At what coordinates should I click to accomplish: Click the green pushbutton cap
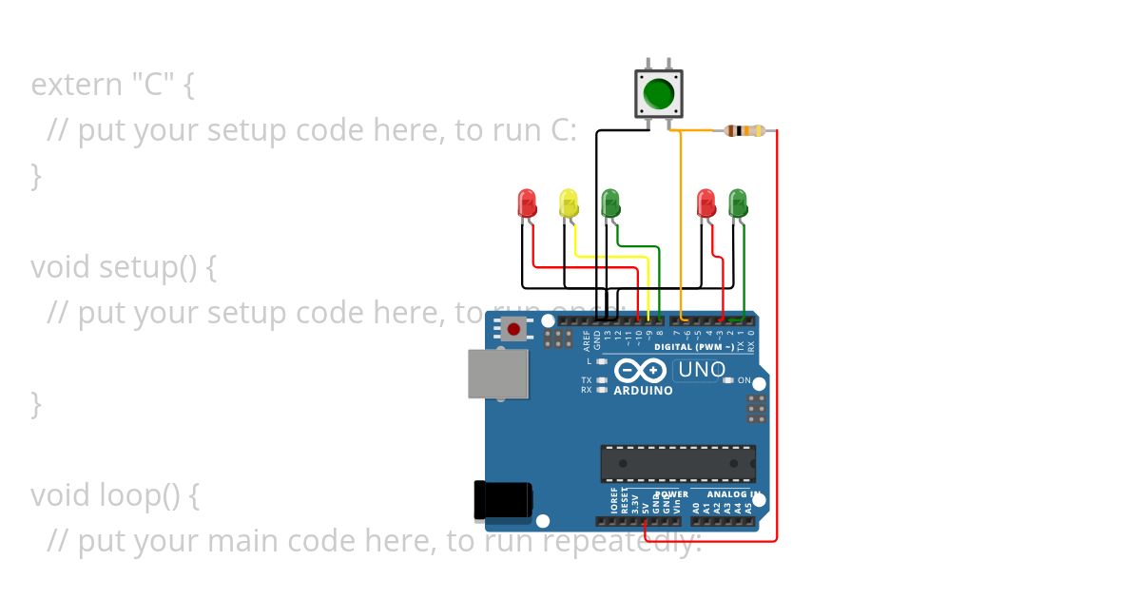[x=658, y=93]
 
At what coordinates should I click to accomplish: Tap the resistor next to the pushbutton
[x=745, y=131]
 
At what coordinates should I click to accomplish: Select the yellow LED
[x=569, y=203]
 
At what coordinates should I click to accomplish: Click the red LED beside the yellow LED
[x=527, y=203]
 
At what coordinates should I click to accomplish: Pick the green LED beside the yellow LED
[x=610, y=203]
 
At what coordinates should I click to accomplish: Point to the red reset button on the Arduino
[x=513, y=330]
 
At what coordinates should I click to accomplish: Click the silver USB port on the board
[x=498, y=374]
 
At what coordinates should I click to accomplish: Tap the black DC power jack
[x=503, y=501]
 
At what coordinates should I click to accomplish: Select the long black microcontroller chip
[x=678, y=463]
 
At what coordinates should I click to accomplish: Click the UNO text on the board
[x=701, y=370]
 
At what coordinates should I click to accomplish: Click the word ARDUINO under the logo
[x=643, y=391]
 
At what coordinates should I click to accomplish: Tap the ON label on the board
[x=744, y=380]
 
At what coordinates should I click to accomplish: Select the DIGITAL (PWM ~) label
[x=693, y=347]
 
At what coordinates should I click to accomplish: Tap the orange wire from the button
[x=681, y=219]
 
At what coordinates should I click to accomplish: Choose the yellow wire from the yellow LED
[x=609, y=257]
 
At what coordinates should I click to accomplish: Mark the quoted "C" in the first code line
[x=153, y=85]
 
